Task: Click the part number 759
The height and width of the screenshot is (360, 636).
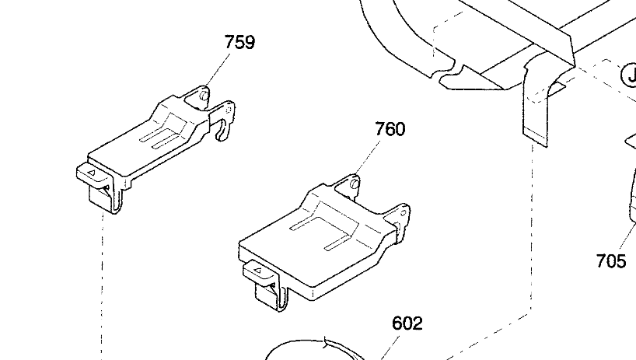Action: click(x=239, y=42)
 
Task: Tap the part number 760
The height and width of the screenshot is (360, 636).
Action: click(x=390, y=129)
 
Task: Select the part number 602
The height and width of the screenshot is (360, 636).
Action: click(x=407, y=323)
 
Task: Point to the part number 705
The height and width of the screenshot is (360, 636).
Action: click(x=611, y=260)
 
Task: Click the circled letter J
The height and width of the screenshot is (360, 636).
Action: click(x=631, y=76)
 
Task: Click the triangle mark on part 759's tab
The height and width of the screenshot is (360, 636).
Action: click(x=92, y=173)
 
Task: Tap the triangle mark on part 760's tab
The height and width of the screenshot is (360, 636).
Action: click(x=258, y=271)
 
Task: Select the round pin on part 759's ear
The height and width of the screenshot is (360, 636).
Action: click(x=204, y=96)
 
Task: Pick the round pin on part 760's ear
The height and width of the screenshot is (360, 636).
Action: click(x=355, y=184)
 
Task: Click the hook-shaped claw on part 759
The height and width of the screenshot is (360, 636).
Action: click(x=222, y=131)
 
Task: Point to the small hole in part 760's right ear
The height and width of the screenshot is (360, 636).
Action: click(x=404, y=213)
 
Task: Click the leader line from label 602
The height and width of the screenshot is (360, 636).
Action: click(x=388, y=346)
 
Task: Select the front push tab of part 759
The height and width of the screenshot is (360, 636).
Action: click(x=93, y=174)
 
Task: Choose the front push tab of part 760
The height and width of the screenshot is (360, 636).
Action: click(x=260, y=272)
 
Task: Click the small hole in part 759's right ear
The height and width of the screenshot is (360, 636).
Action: click(x=229, y=110)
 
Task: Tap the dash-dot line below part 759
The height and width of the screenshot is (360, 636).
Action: click(x=101, y=286)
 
